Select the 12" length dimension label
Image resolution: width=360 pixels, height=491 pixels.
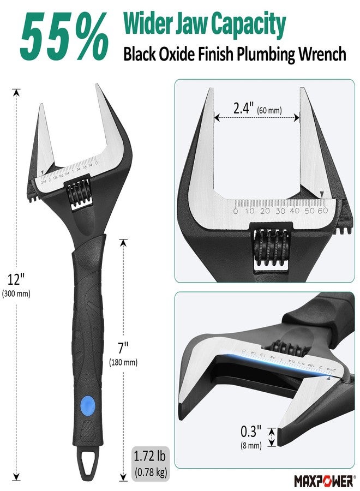pos(16,279)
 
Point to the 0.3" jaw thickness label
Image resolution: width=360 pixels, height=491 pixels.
pos(253,432)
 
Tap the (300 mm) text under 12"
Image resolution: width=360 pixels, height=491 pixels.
pos(16,294)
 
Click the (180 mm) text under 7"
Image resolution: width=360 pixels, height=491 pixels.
pos(123,362)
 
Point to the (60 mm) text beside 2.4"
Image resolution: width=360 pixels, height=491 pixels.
pos(269,111)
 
